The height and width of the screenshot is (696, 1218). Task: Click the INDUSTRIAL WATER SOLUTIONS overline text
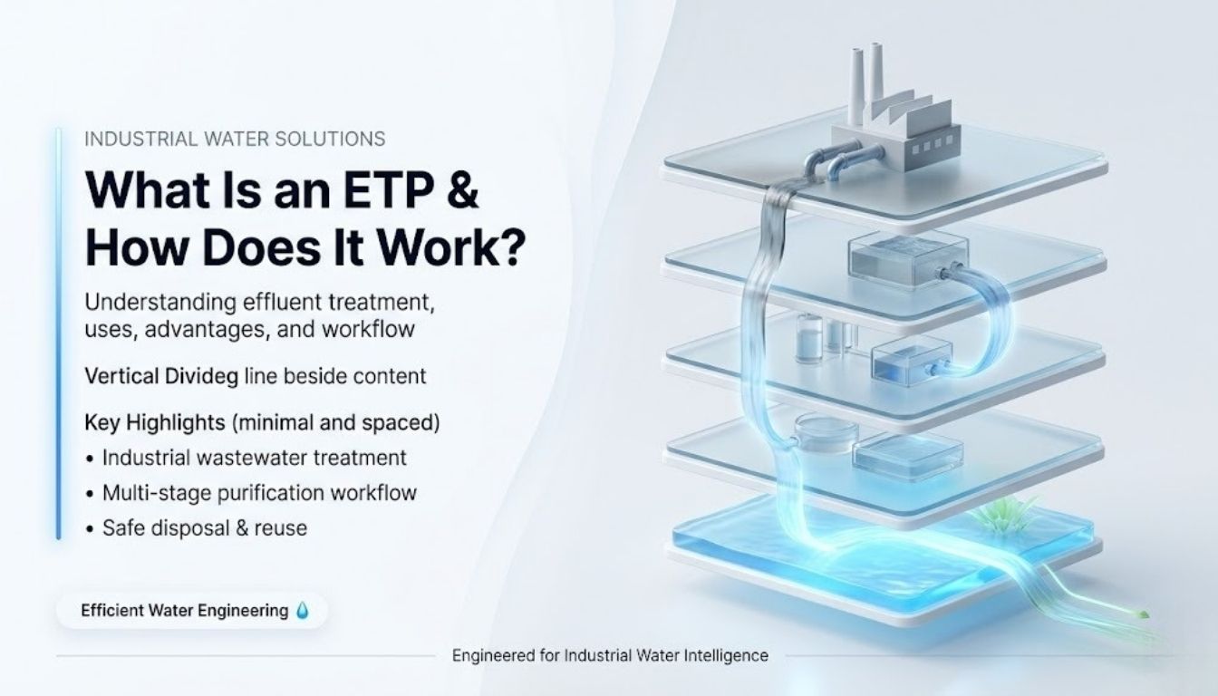[x=234, y=139]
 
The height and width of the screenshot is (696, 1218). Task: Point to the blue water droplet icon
[x=303, y=612]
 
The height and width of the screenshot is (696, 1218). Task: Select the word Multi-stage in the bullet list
[x=146, y=493]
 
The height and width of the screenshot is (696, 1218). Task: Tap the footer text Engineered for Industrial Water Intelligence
[x=610, y=655]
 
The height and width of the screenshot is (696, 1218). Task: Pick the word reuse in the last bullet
[x=282, y=527]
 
